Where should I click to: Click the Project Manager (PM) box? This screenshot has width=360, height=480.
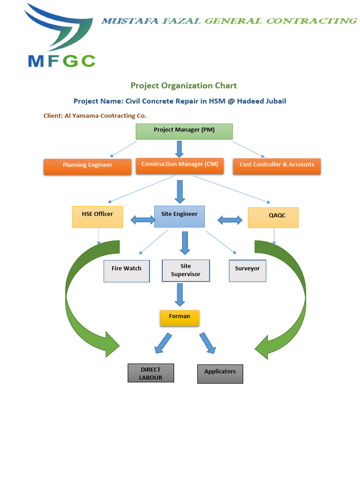point(184,131)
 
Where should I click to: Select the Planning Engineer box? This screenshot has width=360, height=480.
point(87,167)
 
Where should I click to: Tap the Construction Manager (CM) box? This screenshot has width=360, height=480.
point(180,166)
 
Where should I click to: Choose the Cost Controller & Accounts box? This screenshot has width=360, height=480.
point(277,166)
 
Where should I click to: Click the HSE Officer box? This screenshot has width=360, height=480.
point(97,217)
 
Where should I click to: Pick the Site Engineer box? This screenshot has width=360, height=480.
point(179,216)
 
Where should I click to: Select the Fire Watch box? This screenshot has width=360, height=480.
point(127,271)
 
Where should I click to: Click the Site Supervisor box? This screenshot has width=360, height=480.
point(185,270)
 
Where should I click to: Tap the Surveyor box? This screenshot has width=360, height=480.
point(247,271)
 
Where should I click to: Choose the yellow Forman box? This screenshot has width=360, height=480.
point(180,318)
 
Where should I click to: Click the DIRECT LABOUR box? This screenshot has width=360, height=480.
point(150,373)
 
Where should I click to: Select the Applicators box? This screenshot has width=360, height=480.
point(220,374)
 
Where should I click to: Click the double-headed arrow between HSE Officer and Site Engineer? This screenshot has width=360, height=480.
point(142,219)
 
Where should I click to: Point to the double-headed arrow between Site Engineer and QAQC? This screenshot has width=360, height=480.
point(230,219)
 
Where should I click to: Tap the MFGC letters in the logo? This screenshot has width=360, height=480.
point(61,60)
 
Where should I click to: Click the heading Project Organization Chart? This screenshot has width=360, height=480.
point(183,85)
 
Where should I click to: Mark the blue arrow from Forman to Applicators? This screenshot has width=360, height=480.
point(207,343)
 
